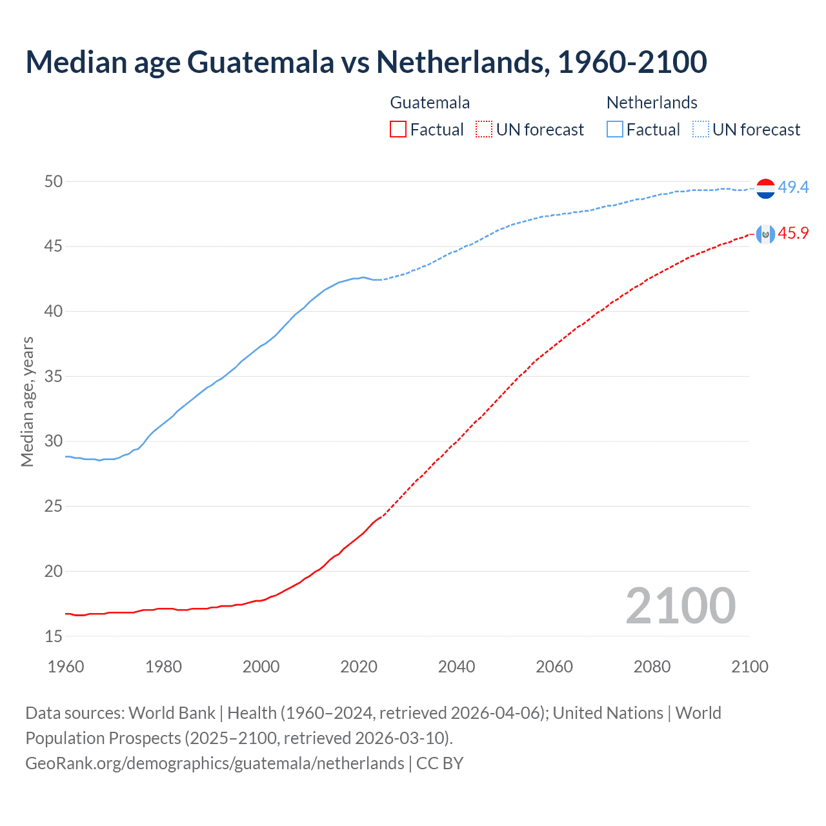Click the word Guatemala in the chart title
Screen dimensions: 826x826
261,62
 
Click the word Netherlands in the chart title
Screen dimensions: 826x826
463,62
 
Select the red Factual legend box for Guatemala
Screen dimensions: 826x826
398,130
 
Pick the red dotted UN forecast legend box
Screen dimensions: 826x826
484,130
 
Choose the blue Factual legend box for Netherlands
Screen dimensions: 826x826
615,130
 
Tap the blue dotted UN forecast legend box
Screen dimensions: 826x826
701,130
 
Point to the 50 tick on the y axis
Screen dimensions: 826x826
54,181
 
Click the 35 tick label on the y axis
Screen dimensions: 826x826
54,376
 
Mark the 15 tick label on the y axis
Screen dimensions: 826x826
54,636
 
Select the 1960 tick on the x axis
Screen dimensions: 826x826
66,667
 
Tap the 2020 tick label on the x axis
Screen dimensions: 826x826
359,667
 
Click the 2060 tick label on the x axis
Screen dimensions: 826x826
554,667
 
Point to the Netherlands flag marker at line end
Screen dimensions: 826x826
765,188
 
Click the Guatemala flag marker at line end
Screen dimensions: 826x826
765,234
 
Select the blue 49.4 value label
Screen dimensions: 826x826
793,188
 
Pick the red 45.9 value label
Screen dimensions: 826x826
793,234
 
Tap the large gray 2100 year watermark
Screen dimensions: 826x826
680,606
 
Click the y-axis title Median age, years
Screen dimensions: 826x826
27,401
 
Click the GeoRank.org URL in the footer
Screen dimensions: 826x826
215,763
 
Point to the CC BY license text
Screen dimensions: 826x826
440,763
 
